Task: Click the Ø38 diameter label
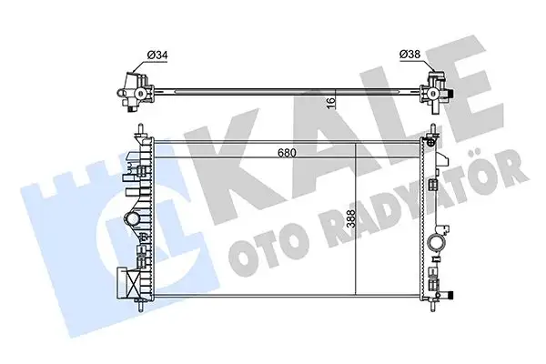tap(410, 55)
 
